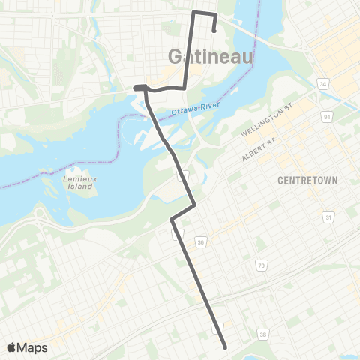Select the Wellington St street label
[x=265, y=121]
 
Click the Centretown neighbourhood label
[x=308, y=181]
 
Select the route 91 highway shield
[x=327, y=116]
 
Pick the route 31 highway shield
[x=328, y=217]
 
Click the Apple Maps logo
[x=26, y=347]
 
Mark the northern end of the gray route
[x=215, y=31]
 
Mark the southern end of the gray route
[x=226, y=346]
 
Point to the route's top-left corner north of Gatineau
[x=194, y=13]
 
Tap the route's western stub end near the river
[x=136, y=88]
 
